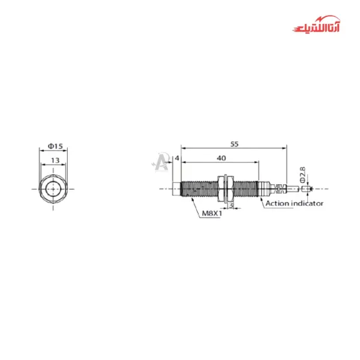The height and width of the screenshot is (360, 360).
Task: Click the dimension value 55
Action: click(x=234, y=144)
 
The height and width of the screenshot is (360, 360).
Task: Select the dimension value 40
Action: click(x=221, y=158)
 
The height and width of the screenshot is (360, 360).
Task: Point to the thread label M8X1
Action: click(x=211, y=213)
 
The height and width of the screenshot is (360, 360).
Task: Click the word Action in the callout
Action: click(x=278, y=203)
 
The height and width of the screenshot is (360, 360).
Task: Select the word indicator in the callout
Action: click(x=307, y=203)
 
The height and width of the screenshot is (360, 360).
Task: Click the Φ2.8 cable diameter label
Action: click(x=303, y=175)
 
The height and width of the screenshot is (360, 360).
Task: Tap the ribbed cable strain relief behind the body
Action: click(x=275, y=188)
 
